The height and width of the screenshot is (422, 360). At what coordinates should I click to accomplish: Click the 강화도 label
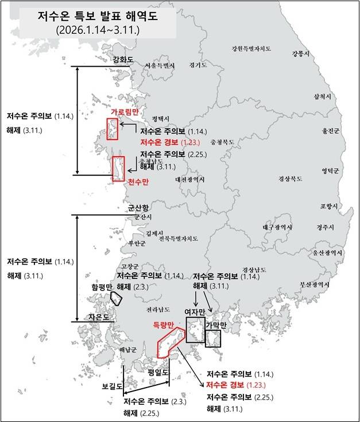[x=123, y=59]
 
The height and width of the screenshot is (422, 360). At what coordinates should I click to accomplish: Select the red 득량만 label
[x=163, y=325]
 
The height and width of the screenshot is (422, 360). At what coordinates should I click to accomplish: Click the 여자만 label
[x=195, y=312]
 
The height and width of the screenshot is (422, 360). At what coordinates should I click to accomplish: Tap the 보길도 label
[x=112, y=386]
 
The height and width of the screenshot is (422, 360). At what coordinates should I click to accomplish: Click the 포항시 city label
[x=329, y=206]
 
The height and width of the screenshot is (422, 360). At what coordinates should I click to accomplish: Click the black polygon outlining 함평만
[x=116, y=298]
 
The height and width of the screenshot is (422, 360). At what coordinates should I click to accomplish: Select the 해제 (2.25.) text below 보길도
[x=141, y=412]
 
